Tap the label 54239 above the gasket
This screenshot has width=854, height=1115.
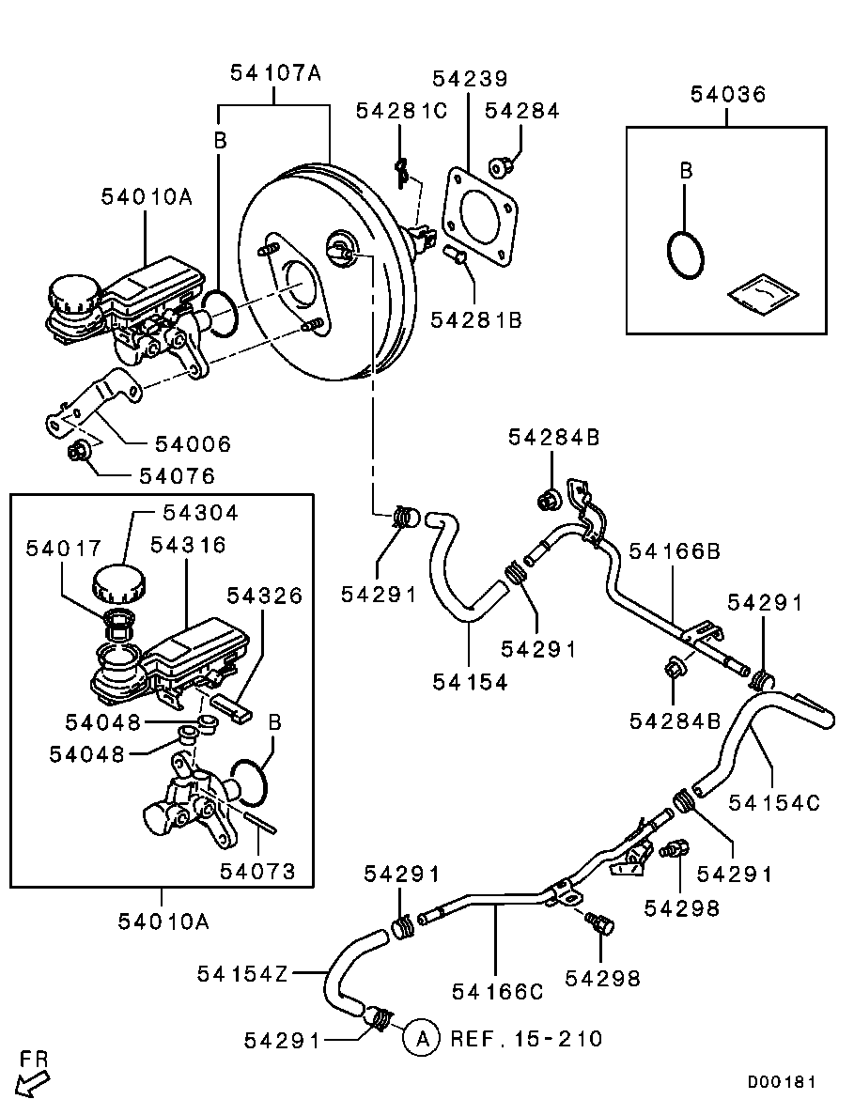coord(470,79)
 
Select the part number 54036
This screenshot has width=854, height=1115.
coord(727,94)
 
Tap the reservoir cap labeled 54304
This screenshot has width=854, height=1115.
coord(117,585)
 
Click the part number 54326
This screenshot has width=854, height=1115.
coord(265,596)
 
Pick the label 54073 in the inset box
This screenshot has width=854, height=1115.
coord(258,871)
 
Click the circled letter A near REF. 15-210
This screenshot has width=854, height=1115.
coord(422,1038)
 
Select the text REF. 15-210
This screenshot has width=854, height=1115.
coord(526,1038)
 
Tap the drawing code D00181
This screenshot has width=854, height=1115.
coord(782,1082)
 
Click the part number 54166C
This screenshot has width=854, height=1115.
coord(498,990)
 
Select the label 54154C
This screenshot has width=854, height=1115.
coord(775,802)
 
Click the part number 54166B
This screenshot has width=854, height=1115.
coord(674,550)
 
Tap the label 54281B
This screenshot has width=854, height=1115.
coord(476,319)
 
